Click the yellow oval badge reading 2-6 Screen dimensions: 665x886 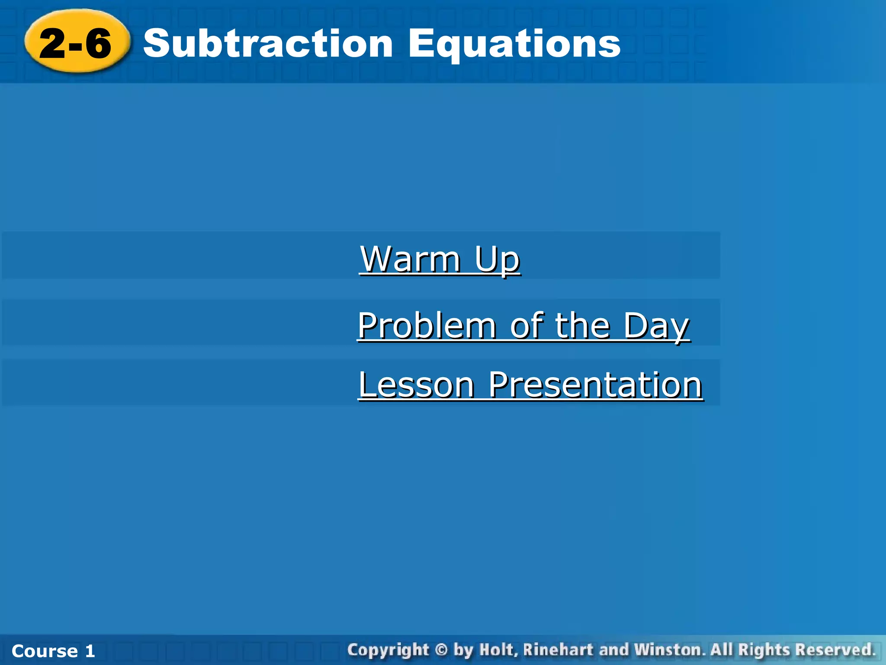[77, 42]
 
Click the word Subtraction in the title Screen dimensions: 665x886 [268, 43]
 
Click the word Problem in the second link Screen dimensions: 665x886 [427, 326]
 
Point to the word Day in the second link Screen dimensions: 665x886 [656, 326]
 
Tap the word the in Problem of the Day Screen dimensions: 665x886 [582, 326]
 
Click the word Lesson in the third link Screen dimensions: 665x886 [416, 385]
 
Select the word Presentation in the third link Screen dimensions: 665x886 [595, 385]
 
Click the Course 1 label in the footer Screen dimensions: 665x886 [53, 651]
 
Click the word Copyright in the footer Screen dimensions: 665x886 [388, 650]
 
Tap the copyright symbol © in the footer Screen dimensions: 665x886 [441, 650]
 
